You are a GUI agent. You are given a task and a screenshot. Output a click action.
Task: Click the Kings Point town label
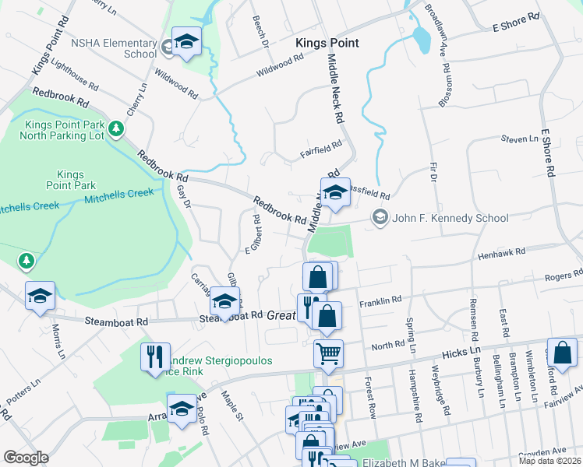point(327,43)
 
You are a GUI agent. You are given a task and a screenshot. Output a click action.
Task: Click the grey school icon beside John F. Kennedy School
point(380,218)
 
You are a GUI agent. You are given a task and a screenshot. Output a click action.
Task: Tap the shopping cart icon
point(328,353)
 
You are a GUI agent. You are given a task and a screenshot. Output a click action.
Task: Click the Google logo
point(26,458)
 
